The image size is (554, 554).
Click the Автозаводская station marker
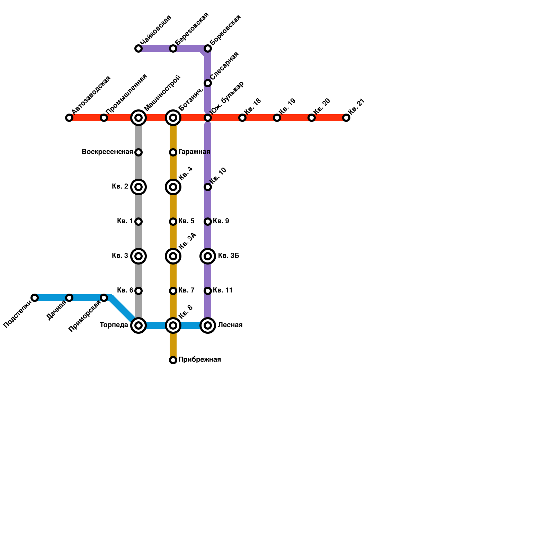click(69, 118)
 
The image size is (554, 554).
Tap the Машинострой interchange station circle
click(138, 118)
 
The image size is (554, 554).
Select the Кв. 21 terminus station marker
click(346, 118)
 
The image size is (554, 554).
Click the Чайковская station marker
click(138, 48)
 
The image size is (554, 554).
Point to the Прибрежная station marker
click(173, 360)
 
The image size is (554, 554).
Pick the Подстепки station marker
click(35, 298)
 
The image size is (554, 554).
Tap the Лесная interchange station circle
click(208, 325)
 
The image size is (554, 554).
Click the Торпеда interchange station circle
click(138, 325)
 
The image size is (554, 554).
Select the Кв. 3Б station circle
click(208, 256)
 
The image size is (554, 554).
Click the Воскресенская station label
click(107, 152)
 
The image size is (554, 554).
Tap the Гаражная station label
click(194, 152)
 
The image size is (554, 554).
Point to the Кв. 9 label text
click(221, 221)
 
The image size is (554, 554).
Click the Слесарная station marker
click(208, 83)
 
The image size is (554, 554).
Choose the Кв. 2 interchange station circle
click(138, 187)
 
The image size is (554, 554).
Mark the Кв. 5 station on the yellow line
click(173, 222)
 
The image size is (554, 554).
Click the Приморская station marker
click(104, 298)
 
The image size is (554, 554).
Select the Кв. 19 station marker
click(277, 118)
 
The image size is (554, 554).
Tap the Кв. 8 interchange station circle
click(173, 325)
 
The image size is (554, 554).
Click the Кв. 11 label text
click(223, 291)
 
